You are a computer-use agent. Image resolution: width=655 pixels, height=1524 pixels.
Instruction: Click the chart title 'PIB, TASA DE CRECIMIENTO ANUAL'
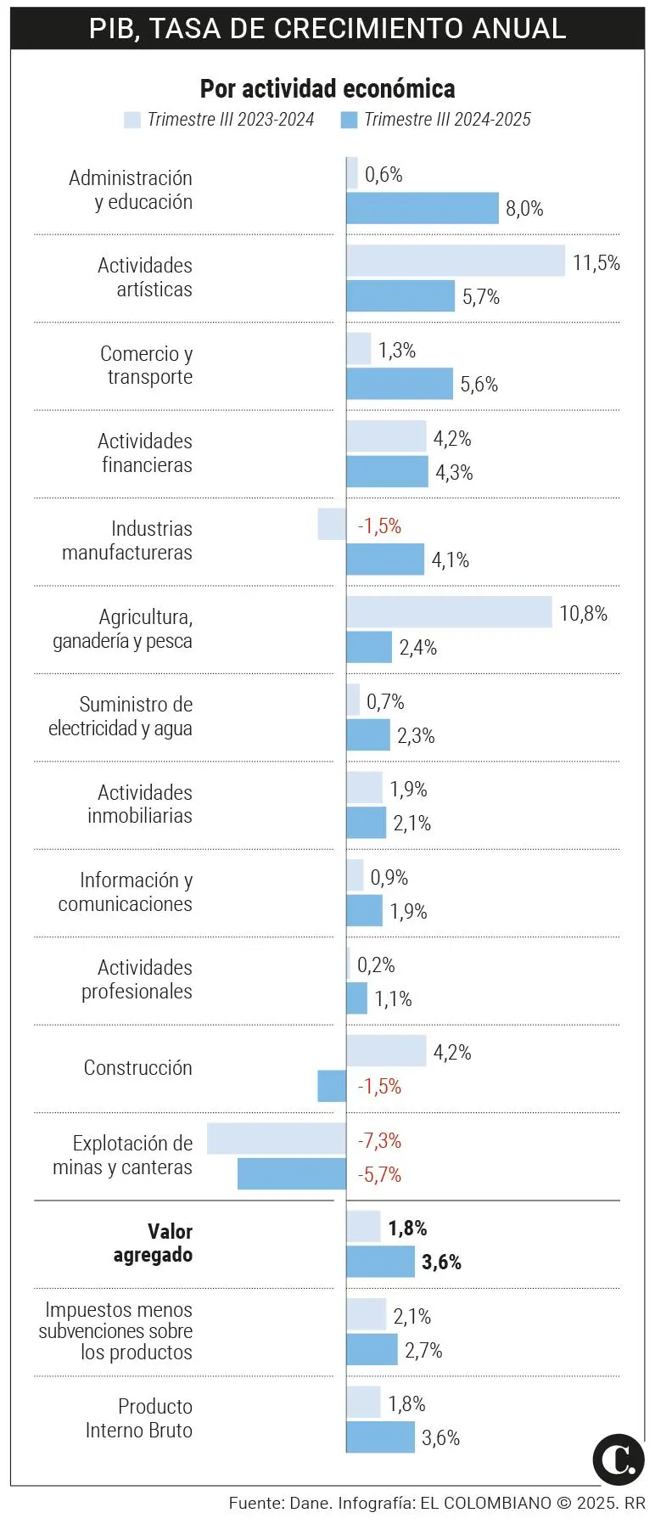[x=327, y=28]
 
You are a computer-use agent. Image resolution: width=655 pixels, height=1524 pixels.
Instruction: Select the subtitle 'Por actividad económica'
[x=327, y=88]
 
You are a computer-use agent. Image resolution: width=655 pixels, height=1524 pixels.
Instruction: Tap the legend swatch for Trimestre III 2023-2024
[x=132, y=120]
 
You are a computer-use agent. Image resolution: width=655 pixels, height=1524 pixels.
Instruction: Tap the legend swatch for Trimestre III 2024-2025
[x=349, y=120]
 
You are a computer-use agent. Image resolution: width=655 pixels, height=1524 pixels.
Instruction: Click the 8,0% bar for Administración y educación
[x=423, y=209]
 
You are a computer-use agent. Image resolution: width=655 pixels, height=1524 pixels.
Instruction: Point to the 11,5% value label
[x=596, y=262]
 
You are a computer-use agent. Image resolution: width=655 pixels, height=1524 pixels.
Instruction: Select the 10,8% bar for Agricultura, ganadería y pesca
[x=449, y=612]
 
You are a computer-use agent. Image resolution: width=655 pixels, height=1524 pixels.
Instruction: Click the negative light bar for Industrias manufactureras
[x=332, y=524]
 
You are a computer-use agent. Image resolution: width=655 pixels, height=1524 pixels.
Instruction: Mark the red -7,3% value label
[x=379, y=1140]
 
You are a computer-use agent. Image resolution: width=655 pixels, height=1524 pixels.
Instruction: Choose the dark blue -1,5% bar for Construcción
[x=332, y=1086]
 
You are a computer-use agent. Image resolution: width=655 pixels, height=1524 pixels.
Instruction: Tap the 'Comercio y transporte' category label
[x=147, y=365]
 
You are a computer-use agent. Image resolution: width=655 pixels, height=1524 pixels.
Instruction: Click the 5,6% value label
[x=479, y=385]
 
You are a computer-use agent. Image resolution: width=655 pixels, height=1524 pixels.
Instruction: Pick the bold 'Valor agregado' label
[x=154, y=1243]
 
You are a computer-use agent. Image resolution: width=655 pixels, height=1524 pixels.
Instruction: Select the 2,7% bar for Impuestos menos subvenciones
[x=372, y=1349]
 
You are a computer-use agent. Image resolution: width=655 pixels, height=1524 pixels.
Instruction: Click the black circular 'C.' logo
[x=618, y=1459]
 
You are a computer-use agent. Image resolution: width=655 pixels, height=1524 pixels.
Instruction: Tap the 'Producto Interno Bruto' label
[x=140, y=1418]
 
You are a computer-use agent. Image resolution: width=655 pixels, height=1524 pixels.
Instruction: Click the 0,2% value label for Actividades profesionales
[x=376, y=965]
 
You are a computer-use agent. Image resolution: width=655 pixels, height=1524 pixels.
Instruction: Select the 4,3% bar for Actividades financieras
[x=387, y=472]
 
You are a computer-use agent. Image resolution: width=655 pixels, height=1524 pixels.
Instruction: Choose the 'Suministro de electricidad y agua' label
[x=121, y=717]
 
